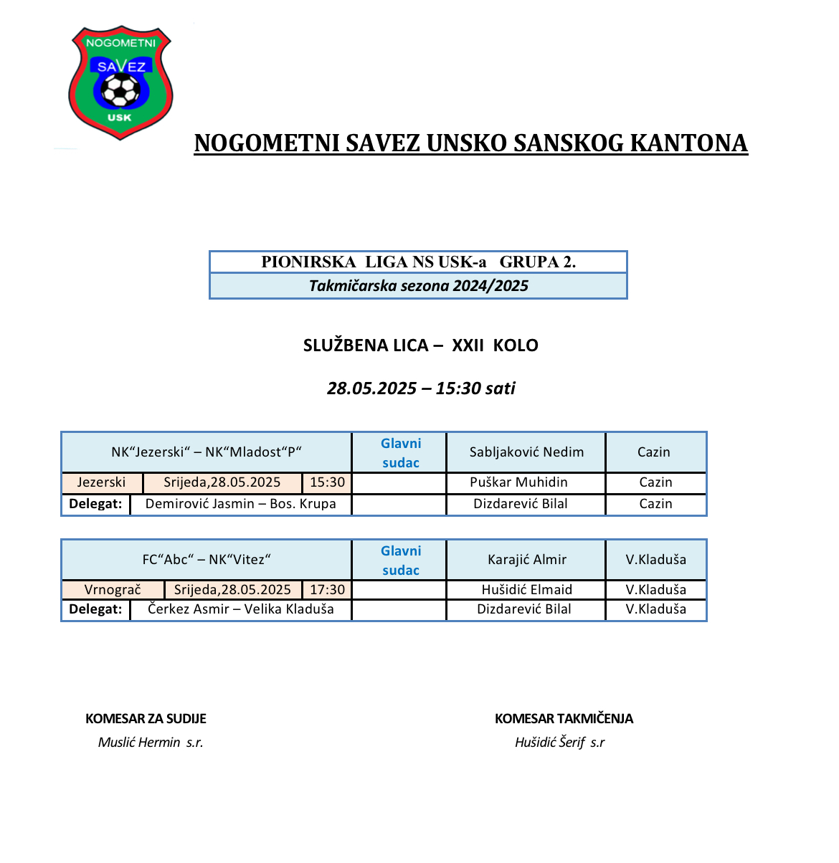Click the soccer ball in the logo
120,91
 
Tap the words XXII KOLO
495,345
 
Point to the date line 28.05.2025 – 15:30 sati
421,388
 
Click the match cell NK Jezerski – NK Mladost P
207,452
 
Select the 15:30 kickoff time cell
327,482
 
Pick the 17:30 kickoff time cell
327,590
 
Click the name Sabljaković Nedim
526,452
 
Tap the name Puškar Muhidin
518,482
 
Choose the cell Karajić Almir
527,560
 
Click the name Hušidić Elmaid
527,590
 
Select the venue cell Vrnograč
113,590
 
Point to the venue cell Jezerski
101,482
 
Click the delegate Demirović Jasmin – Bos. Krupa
240,504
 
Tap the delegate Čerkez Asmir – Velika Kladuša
240,609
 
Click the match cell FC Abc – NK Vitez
207,560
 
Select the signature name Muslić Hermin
139,743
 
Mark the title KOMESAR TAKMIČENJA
564,719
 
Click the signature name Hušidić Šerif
550,743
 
